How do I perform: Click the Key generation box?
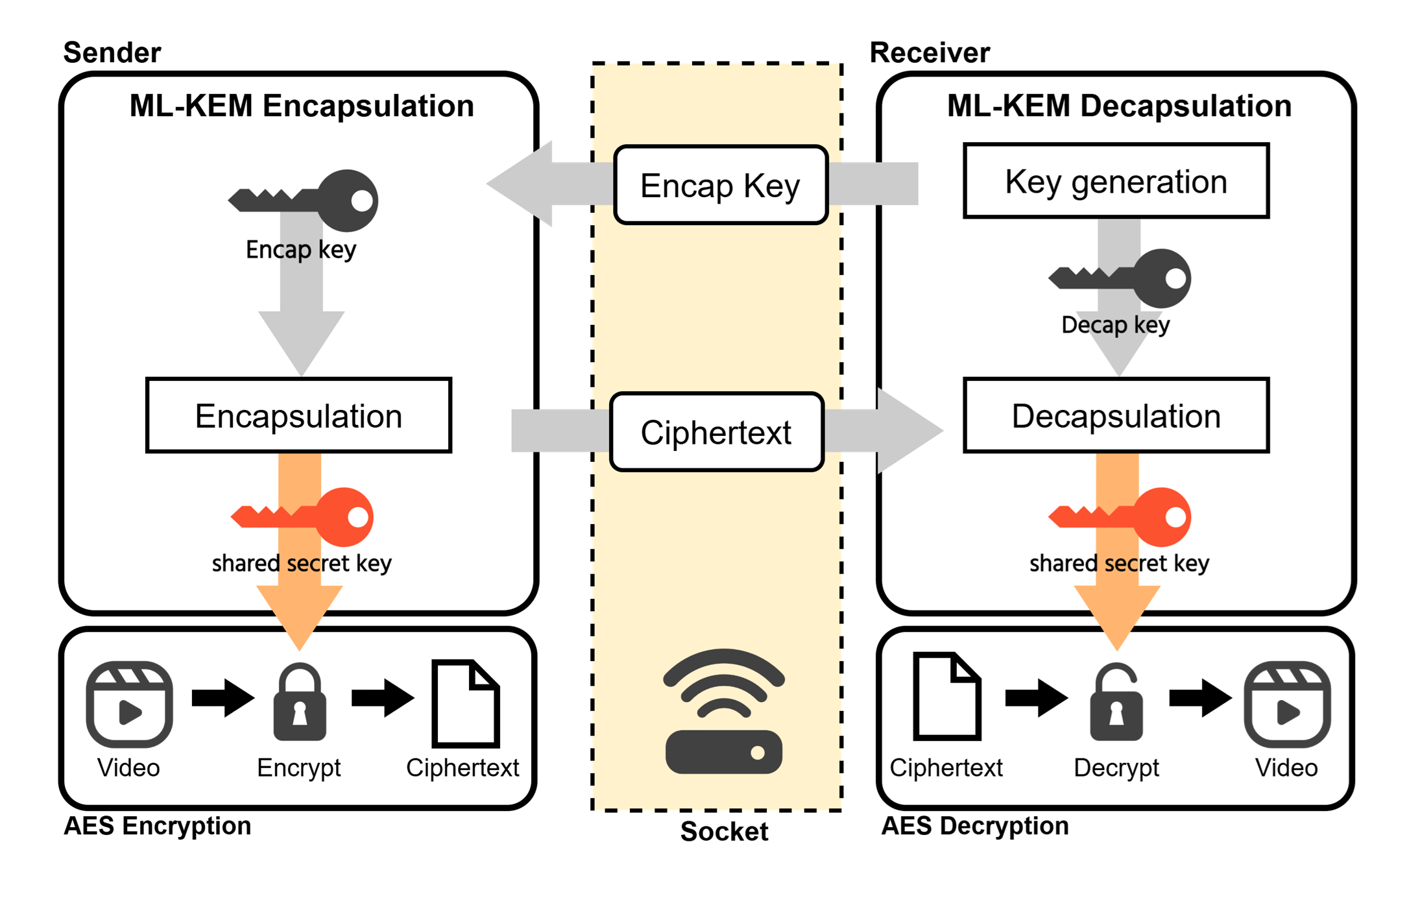pyautogui.click(x=1115, y=181)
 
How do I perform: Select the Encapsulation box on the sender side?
pyautogui.click(x=298, y=415)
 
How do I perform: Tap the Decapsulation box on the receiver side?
pyautogui.click(x=1115, y=415)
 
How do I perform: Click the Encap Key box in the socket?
pyautogui.click(x=720, y=186)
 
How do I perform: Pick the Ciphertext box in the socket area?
pyautogui.click(x=716, y=432)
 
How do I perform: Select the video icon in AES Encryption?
pyautogui.click(x=129, y=704)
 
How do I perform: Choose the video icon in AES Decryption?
pyautogui.click(x=1287, y=704)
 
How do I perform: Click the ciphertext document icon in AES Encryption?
pyautogui.click(x=465, y=704)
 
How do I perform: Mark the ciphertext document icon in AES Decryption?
pyautogui.click(x=946, y=697)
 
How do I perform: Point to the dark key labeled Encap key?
pyautogui.click(x=304, y=200)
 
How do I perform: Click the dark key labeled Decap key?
pyautogui.click(x=1120, y=278)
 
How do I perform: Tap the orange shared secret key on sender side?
pyautogui.click(x=302, y=517)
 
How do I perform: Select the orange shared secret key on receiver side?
pyautogui.click(x=1120, y=517)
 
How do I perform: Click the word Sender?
pyautogui.click(x=112, y=53)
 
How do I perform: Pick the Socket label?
pyautogui.click(x=724, y=831)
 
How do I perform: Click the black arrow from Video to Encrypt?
pyautogui.click(x=222, y=698)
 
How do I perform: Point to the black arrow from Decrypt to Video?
pyautogui.click(x=1200, y=698)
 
